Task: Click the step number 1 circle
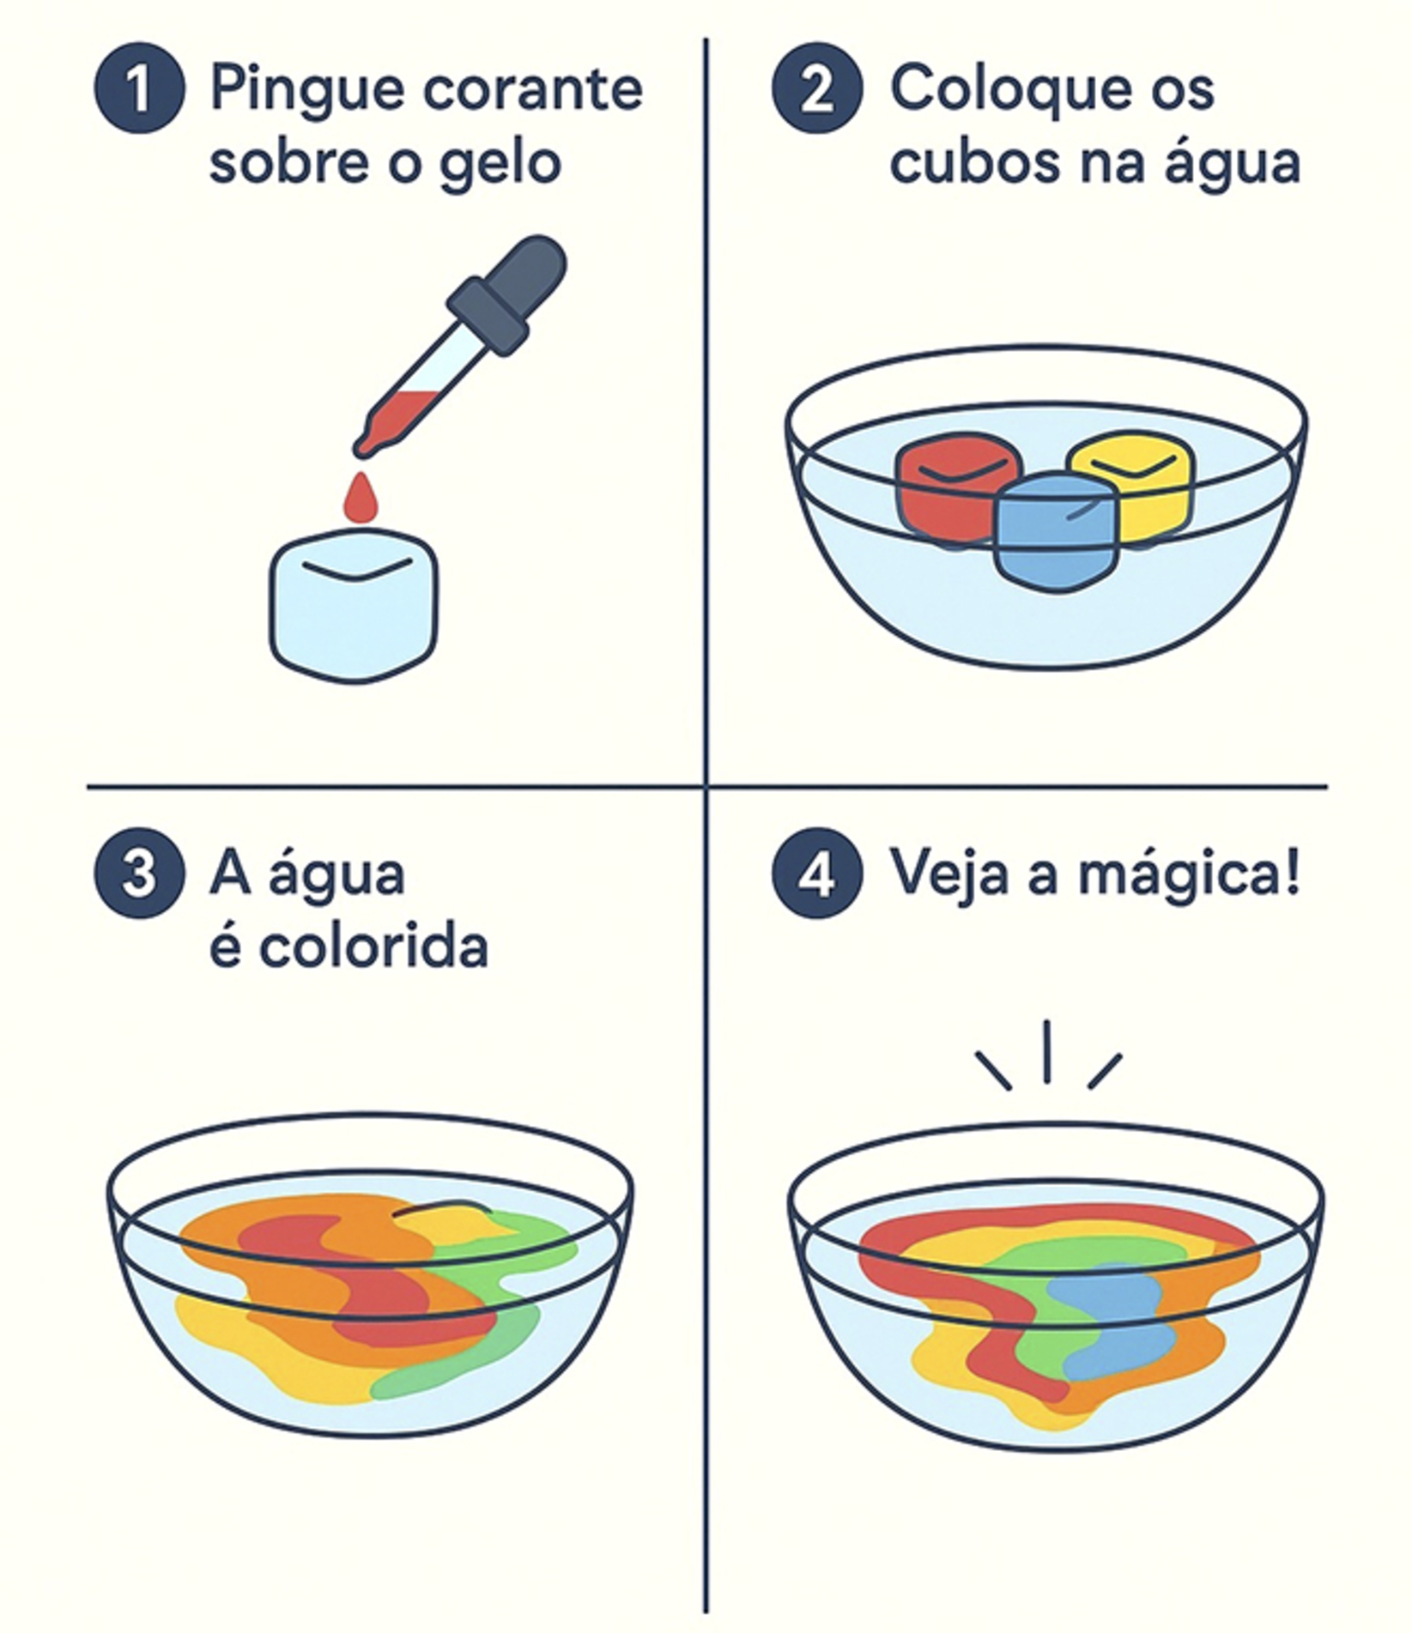click(139, 88)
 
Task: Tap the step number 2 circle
click(816, 88)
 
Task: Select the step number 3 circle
click(139, 874)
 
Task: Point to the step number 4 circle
click(816, 874)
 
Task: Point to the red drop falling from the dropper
click(361, 499)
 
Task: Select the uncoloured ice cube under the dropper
click(354, 606)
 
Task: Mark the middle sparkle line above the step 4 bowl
click(1046, 1050)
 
